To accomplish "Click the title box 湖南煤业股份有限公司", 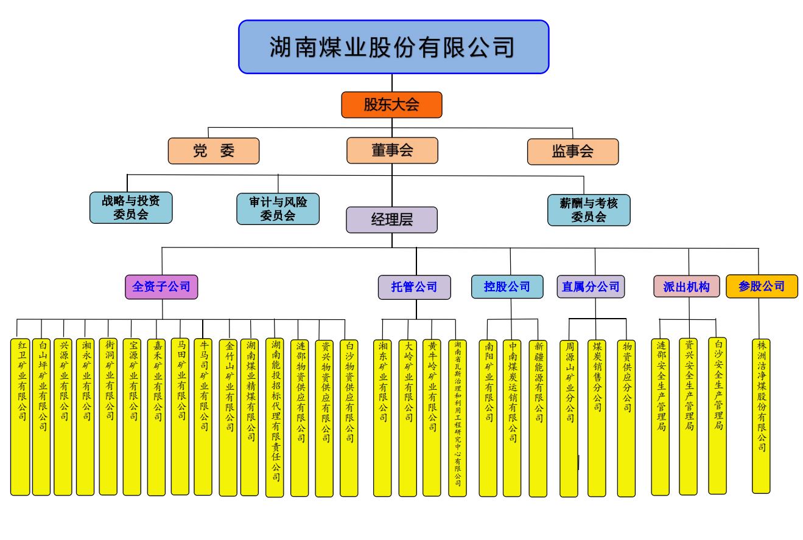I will click(393, 47).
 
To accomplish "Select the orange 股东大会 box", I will click(391, 105).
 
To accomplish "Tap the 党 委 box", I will click(214, 151).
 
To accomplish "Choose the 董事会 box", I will click(392, 150).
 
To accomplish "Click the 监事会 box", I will click(572, 151).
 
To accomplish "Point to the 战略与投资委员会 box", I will click(131, 208).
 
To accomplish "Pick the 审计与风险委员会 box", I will click(278, 209).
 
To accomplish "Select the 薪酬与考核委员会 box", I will click(589, 210).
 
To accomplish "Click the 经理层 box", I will click(391, 220).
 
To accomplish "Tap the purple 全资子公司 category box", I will click(161, 286).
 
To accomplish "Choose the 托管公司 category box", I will click(414, 287).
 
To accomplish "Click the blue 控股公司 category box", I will click(507, 286).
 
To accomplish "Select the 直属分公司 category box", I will click(591, 286).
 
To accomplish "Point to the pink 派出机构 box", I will click(686, 286).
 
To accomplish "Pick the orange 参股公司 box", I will click(762, 286).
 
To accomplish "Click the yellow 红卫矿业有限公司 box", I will click(20, 417).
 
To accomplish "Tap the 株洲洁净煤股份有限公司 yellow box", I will click(761, 416).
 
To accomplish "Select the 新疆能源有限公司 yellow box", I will click(538, 418).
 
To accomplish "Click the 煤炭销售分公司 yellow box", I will click(597, 418).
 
